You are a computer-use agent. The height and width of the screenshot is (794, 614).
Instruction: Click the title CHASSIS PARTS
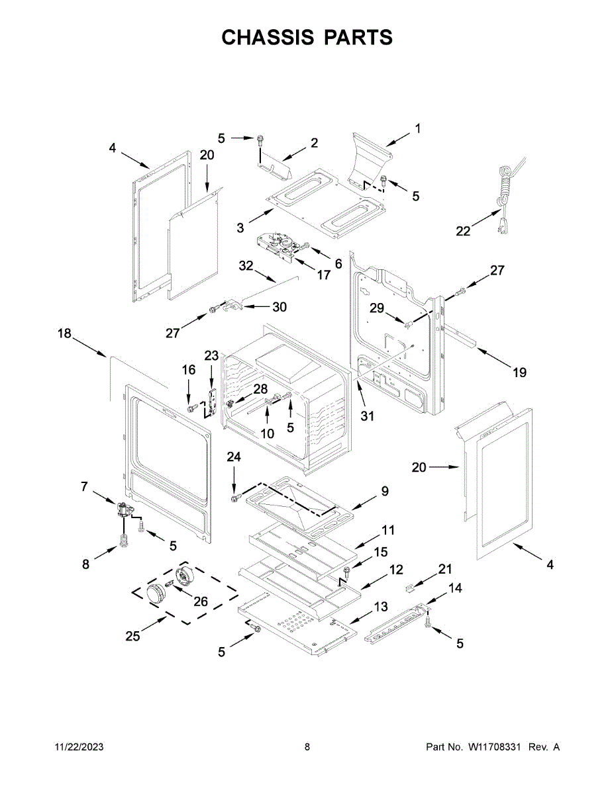tap(307, 38)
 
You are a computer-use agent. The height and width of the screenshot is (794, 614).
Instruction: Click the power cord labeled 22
tap(505, 192)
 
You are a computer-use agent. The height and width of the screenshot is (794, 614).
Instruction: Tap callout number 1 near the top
tap(418, 128)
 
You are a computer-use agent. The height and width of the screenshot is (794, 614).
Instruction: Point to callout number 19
tap(519, 373)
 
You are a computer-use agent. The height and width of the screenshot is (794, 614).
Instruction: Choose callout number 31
tap(367, 416)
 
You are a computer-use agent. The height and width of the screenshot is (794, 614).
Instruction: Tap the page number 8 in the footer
tap(307, 747)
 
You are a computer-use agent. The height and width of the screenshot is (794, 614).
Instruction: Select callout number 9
tap(384, 491)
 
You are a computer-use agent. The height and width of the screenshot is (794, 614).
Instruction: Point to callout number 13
tap(381, 606)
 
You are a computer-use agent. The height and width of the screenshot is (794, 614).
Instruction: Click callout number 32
tap(246, 266)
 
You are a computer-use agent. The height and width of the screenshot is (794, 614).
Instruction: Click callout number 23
tap(211, 355)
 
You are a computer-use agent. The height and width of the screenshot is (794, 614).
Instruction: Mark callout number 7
tap(84, 486)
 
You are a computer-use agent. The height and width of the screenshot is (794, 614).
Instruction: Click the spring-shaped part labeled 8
tap(123, 541)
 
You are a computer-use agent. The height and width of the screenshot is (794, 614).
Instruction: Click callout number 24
tap(234, 457)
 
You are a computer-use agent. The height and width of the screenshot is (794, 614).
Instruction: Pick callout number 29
tap(377, 308)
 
